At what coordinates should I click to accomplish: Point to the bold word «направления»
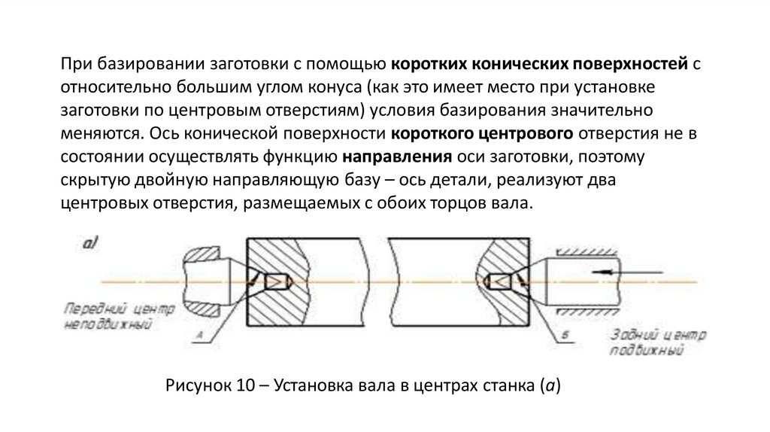coord(397,158)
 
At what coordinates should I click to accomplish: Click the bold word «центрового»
coord(520,134)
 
